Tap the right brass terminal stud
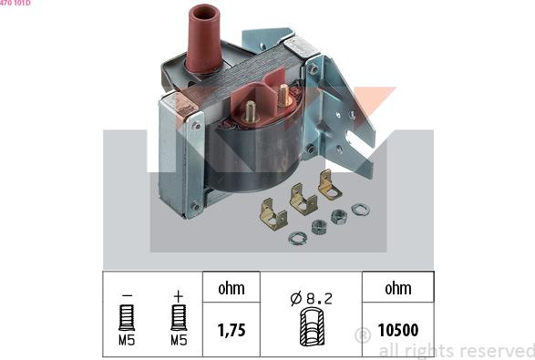tap(283, 95)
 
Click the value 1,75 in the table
tap(231, 330)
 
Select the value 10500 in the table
tap(398, 330)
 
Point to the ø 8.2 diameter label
tap(311, 299)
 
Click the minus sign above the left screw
tap(127, 295)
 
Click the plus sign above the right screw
tap(179, 296)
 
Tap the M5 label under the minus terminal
tap(127, 340)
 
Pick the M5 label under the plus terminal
tap(179, 340)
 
